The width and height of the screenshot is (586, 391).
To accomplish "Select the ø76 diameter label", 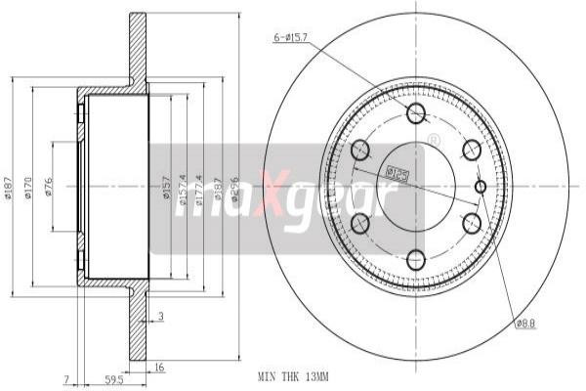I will coord(49,185).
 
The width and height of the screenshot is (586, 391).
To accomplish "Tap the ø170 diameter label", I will coord(29,185).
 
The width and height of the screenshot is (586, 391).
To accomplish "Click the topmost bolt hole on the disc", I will coord(416,112).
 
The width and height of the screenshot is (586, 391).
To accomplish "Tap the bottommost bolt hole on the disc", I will coord(416,259).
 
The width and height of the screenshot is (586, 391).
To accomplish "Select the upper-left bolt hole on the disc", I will coord(360,150).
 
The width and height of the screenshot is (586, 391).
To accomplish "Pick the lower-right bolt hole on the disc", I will coord(472,222).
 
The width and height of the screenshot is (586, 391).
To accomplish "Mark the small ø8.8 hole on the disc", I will coord(480,186).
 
